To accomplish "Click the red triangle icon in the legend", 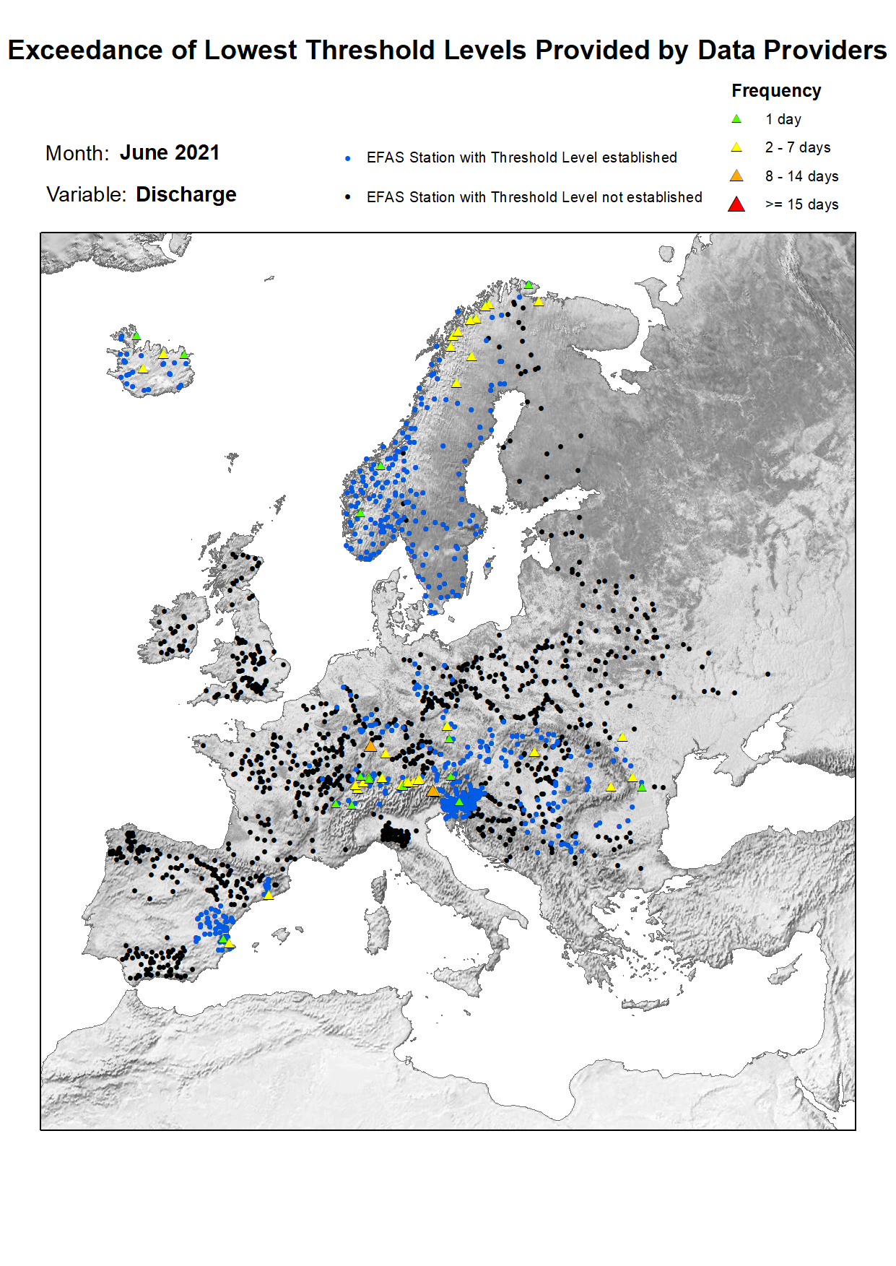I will [736, 204].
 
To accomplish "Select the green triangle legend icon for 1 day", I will [736, 119].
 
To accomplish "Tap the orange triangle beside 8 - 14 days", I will [736, 176].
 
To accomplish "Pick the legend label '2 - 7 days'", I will [798, 147].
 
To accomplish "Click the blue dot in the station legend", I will [348, 157].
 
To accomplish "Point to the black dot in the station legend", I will [348, 197].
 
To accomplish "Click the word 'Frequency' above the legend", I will [776, 91].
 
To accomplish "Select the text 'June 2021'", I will [170, 152].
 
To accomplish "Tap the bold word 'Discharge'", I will [186, 194].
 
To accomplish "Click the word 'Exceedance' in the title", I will [85, 51].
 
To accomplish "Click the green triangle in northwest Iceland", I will [136, 336].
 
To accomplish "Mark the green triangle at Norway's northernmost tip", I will [529, 285].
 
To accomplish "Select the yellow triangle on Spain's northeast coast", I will [268, 895].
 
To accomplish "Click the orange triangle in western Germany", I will [370, 746].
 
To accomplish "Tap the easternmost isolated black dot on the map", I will [767, 674].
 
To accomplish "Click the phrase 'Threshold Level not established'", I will [596, 197].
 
